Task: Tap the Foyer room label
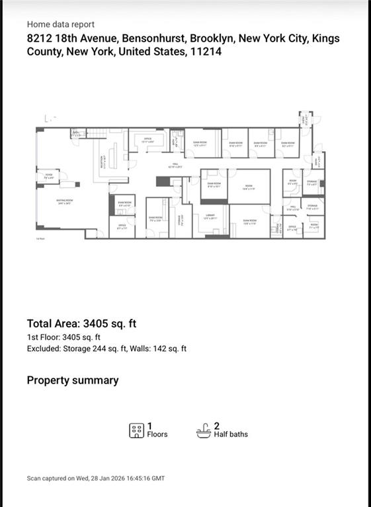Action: [48, 177]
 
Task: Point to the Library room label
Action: [210, 217]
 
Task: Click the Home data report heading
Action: [61, 24]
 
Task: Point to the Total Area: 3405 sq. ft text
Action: [81, 323]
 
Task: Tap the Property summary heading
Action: [73, 380]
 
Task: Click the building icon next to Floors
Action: [136, 430]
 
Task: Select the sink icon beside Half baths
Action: [204, 430]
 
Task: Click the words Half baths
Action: [231, 434]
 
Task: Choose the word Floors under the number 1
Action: [157, 434]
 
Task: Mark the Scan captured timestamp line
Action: [96, 478]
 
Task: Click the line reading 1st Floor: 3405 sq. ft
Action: [63, 337]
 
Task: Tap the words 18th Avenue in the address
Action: [83, 38]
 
